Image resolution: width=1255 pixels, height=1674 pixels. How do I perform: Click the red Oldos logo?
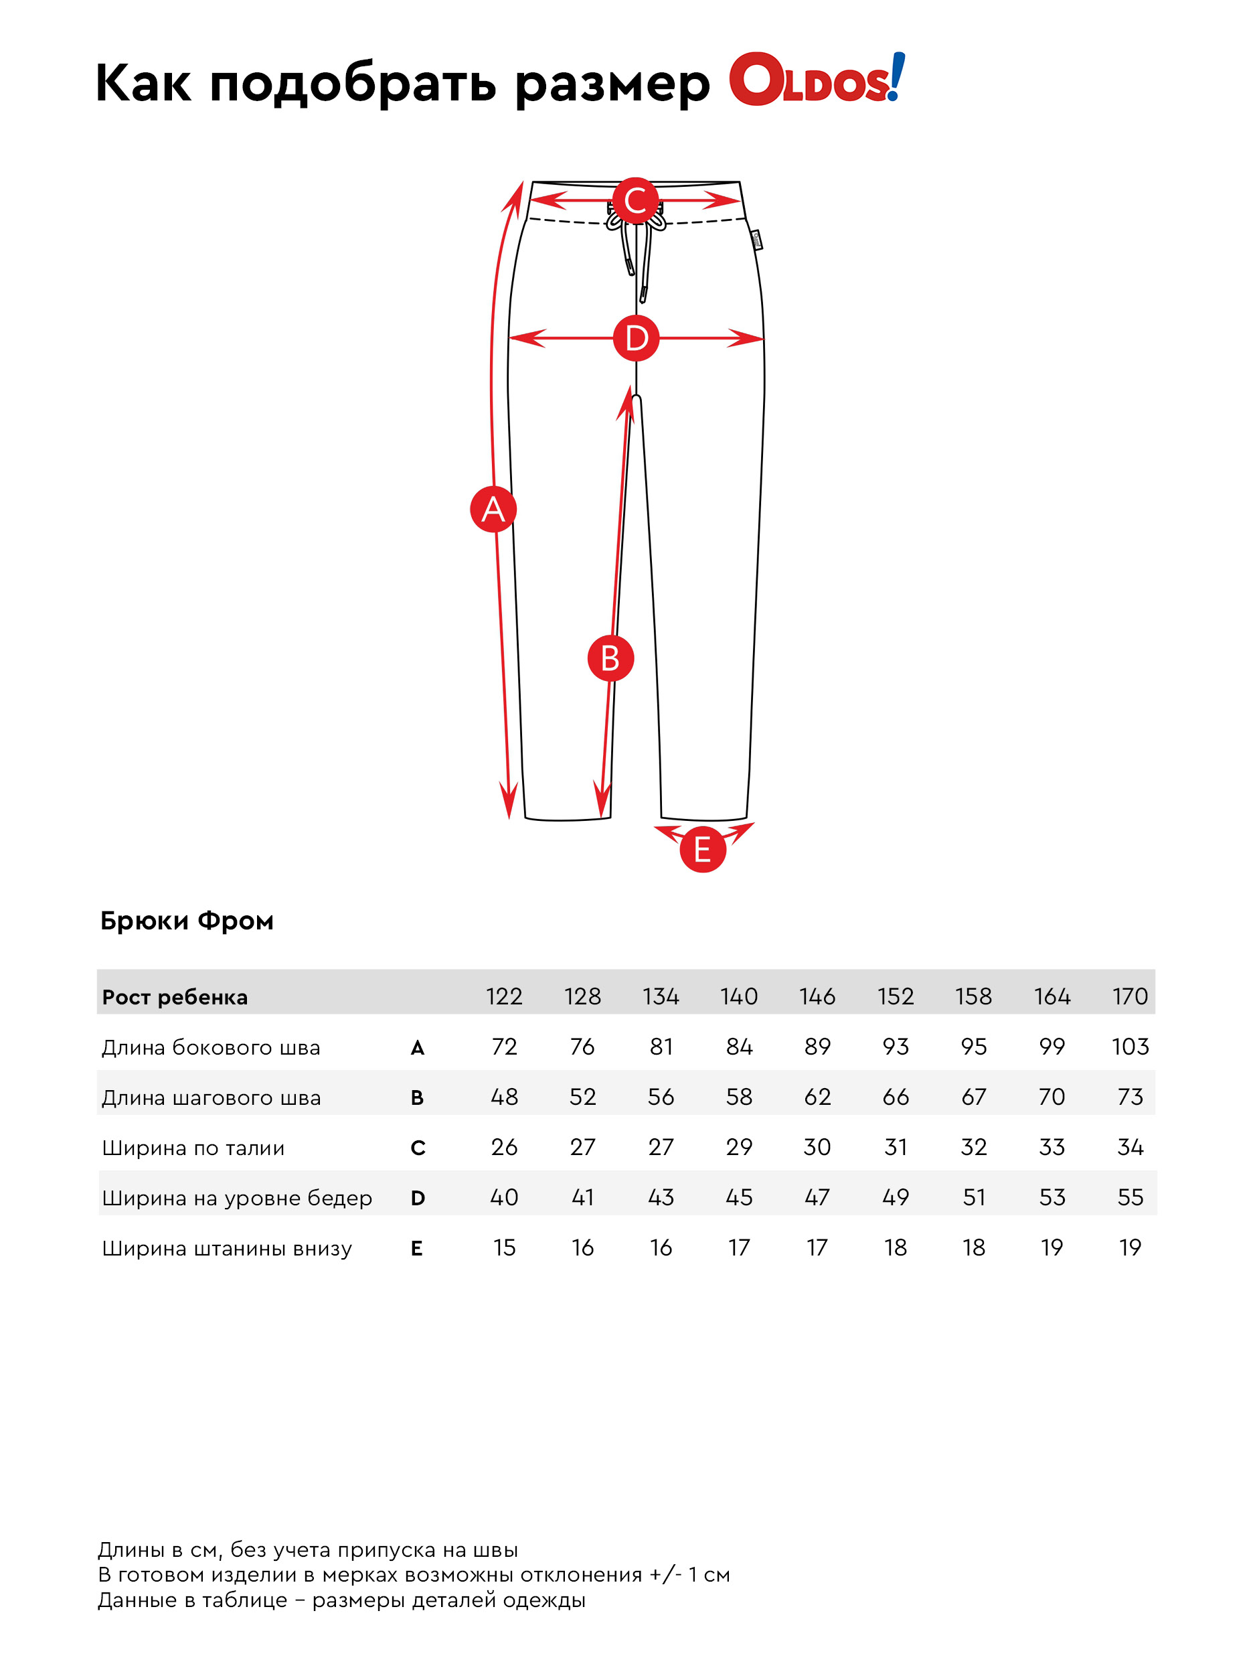[x=815, y=80]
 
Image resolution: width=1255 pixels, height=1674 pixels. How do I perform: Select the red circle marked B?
[x=610, y=658]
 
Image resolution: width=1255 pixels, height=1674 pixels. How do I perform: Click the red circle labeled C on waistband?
[x=635, y=201]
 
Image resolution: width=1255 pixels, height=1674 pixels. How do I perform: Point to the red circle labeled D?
[x=635, y=337]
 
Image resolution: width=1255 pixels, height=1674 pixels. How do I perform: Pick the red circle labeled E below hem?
[x=702, y=849]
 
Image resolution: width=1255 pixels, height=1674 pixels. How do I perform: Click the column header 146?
[x=817, y=996]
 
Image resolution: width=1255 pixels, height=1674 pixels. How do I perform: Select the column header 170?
[x=1129, y=996]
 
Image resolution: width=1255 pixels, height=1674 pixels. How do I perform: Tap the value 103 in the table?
[x=1129, y=1046]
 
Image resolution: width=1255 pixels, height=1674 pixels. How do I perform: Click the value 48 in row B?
[x=504, y=1096]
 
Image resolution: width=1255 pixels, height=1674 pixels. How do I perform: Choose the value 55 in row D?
[x=1129, y=1197]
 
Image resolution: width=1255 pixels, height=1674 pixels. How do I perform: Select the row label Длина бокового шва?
[x=210, y=1047]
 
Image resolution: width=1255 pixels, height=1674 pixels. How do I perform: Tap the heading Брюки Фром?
[x=187, y=920]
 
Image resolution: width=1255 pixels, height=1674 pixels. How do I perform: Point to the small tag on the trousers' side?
[x=756, y=240]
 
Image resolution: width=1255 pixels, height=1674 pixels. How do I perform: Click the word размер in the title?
[x=612, y=83]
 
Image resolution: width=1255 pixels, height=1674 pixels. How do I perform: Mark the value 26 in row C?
[x=504, y=1146]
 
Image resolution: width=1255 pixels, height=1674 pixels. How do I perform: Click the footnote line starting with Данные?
[x=341, y=1599]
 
